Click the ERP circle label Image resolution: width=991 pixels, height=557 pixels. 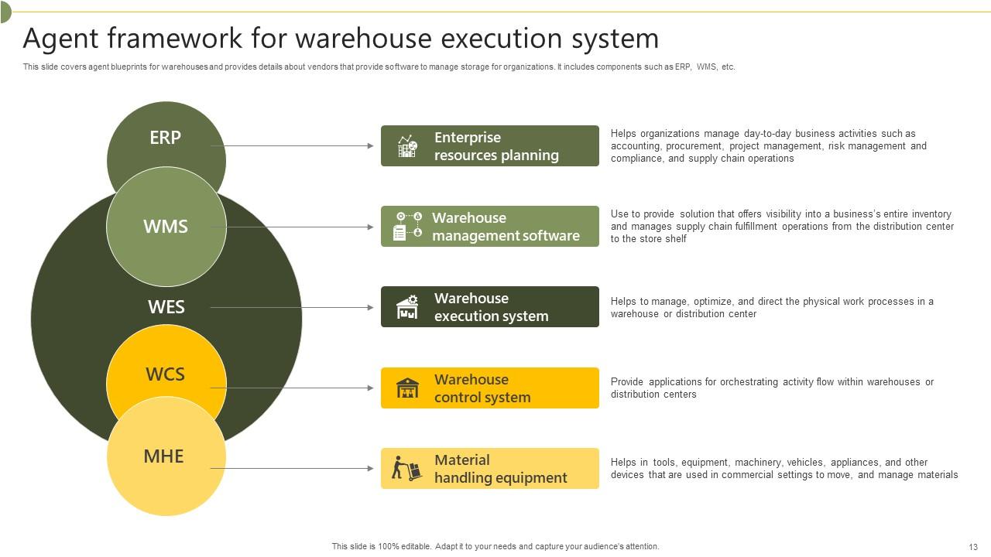tap(165, 138)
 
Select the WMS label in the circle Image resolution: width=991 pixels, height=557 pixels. tap(166, 227)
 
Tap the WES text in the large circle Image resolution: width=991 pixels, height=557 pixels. tap(166, 307)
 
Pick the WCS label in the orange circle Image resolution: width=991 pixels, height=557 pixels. tap(165, 374)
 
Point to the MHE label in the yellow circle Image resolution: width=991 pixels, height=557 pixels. tap(163, 456)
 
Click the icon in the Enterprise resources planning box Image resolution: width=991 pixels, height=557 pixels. tap(407, 146)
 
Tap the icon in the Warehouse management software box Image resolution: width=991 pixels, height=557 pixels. tap(407, 227)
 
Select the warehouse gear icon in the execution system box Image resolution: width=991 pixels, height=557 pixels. tap(407, 307)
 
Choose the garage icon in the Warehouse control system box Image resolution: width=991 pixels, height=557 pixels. tap(407, 388)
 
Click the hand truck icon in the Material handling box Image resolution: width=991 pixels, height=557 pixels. tap(406, 468)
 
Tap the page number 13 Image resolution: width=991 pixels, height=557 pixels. tap(973, 546)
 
